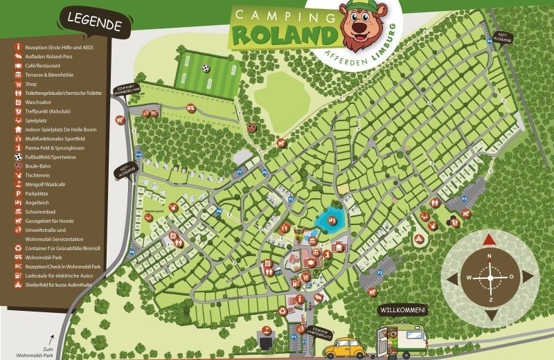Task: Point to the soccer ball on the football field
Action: (206, 69)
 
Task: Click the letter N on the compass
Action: (490, 257)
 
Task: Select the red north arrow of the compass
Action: (489, 240)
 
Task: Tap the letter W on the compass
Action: (469, 278)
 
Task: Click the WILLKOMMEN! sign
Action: (402, 309)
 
